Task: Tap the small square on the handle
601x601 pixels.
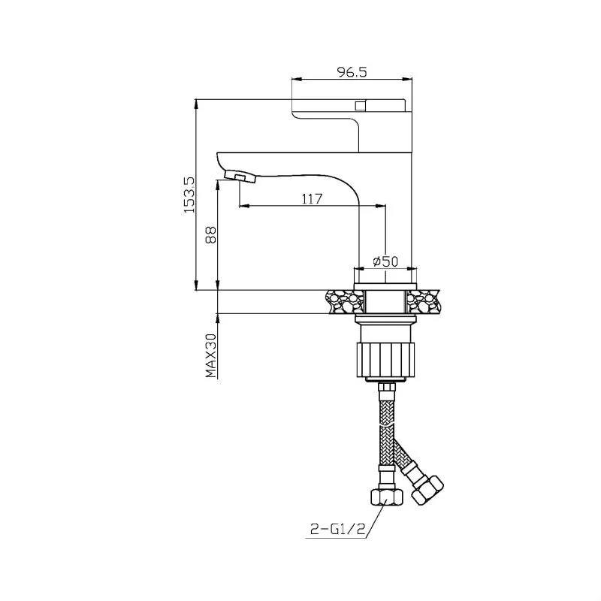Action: pyautogui.click(x=360, y=104)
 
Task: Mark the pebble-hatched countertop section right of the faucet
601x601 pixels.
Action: pyautogui.click(x=423, y=301)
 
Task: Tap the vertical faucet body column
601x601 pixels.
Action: pyautogui.click(x=386, y=225)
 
